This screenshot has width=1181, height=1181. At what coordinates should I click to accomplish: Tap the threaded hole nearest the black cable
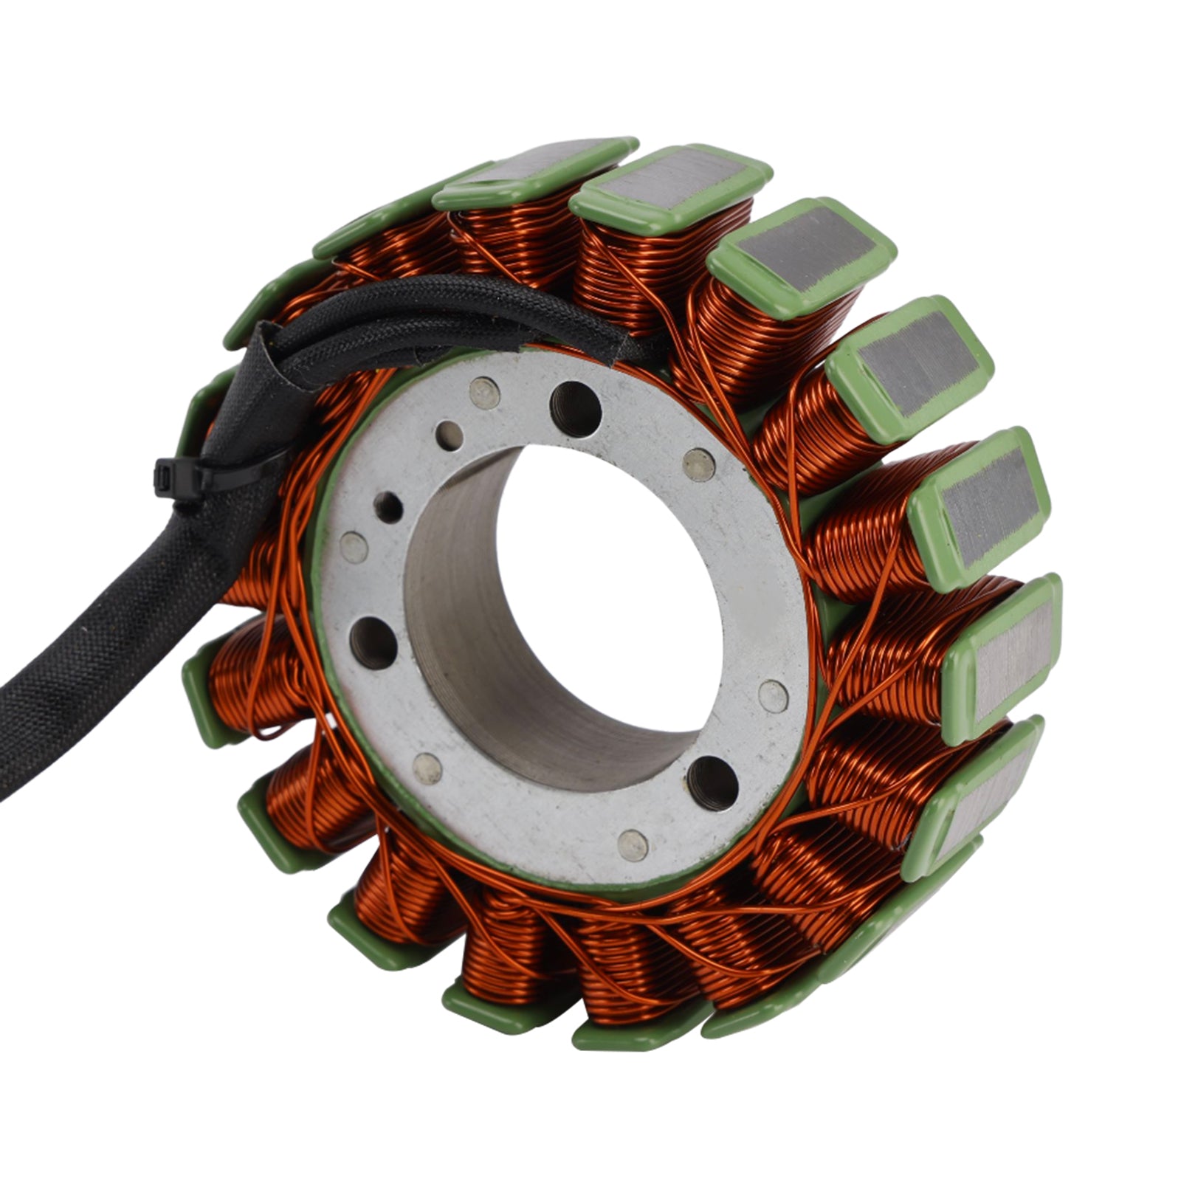click(575, 407)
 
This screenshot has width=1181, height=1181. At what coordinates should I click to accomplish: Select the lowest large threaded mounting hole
click(712, 782)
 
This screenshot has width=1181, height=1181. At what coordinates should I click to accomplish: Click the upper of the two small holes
click(450, 435)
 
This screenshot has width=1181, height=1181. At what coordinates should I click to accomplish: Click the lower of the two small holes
click(388, 507)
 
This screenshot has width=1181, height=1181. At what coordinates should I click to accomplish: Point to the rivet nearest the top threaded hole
click(484, 392)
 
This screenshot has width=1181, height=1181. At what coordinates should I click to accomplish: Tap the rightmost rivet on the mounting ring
click(773, 695)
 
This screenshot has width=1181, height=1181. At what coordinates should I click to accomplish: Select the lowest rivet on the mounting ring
click(633, 844)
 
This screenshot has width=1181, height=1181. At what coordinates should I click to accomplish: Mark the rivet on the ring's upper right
click(698, 464)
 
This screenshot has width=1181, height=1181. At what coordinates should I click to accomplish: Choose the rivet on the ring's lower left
click(427, 768)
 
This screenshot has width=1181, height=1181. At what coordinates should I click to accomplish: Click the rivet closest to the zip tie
click(354, 547)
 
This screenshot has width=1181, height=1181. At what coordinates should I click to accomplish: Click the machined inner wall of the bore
click(472, 650)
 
